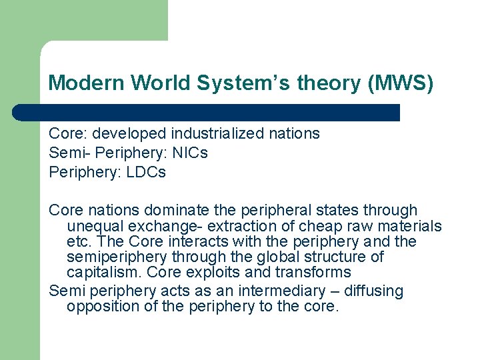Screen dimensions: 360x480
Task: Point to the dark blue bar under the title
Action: click(207, 112)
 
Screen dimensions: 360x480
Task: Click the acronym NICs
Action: click(190, 153)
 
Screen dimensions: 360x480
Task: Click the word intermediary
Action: click(267, 291)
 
